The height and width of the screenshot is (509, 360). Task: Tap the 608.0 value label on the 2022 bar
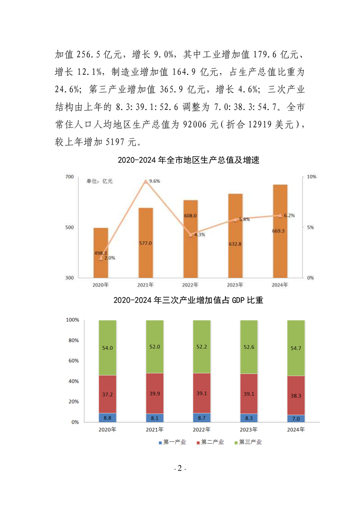click(190, 216)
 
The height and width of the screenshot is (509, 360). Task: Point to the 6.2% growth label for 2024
click(289, 215)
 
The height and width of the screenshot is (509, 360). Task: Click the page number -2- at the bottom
click(180, 469)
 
